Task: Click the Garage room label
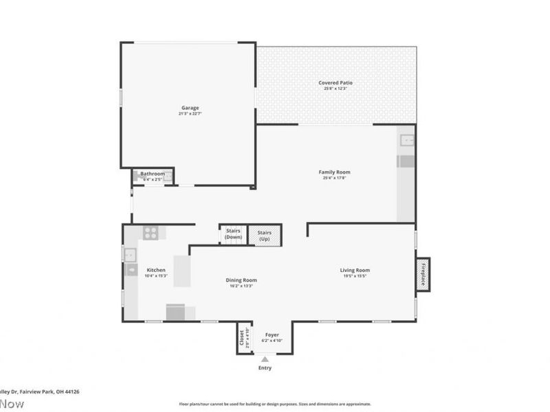[x=190, y=108]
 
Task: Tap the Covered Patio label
[x=335, y=83]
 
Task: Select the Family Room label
[x=334, y=172]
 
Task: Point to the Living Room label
[x=355, y=270]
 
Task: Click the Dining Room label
[x=241, y=279]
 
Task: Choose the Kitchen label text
[x=155, y=270]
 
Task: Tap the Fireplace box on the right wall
[x=423, y=275]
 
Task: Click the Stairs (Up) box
[x=265, y=236]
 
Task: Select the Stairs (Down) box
[x=232, y=235]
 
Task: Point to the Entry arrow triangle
[x=265, y=358]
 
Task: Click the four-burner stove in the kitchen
[x=150, y=232]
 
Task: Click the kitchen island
[x=181, y=271]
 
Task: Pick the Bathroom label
[x=153, y=174]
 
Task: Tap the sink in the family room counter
[x=406, y=141]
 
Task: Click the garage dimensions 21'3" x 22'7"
[x=190, y=113]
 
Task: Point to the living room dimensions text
[x=355, y=276]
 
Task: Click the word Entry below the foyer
[x=265, y=368]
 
